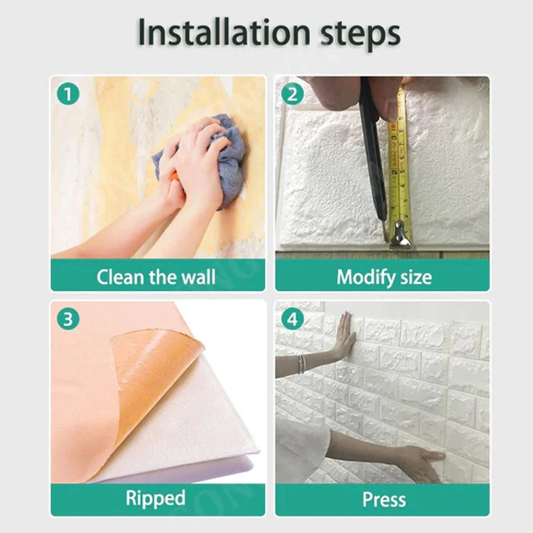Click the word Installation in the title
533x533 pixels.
coord(224,32)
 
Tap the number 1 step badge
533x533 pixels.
coord(68,94)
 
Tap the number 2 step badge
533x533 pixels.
coord(292,94)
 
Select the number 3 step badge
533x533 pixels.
coord(68,319)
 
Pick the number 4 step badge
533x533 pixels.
coord(292,319)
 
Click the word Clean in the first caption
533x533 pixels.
coord(120,277)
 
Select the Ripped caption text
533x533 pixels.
coord(156,498)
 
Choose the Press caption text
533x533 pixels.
coord(384,500)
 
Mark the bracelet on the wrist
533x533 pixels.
coord(301,364)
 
